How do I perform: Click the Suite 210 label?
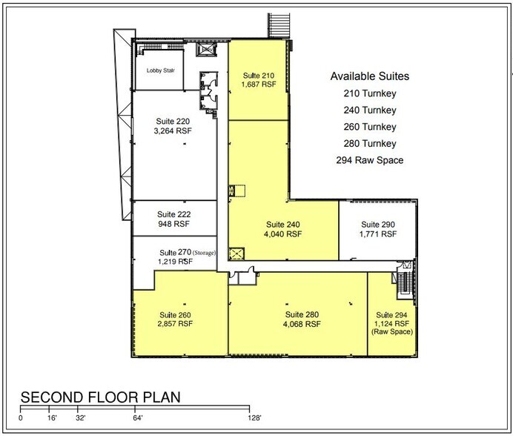coord(257,75)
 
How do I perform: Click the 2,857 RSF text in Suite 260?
coord(174,324)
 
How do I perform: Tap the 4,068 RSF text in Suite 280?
coord(302,324)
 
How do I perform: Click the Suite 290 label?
coord(379,224)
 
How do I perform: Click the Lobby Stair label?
coord(158,72)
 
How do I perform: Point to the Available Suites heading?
coord(369,76)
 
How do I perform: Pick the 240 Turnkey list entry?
coord(370,110)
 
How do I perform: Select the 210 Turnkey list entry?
coord(370,94)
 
